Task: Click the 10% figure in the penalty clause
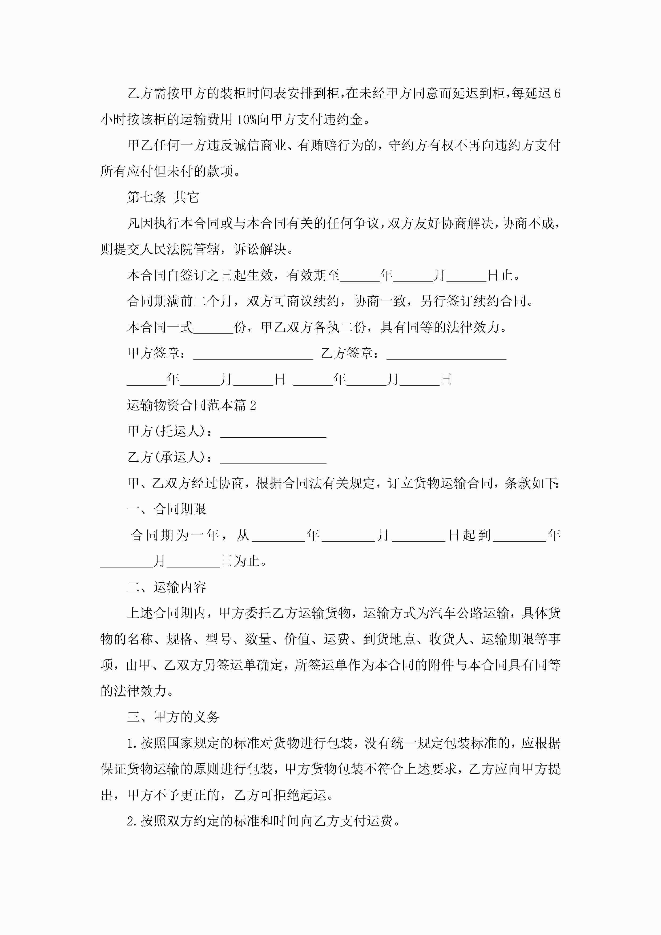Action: pos(246,120)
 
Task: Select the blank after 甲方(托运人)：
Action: pos(273,432)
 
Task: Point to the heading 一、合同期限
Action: pos(167,509)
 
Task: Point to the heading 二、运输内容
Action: pos(167,587)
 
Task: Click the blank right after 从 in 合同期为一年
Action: pos(278,536)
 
